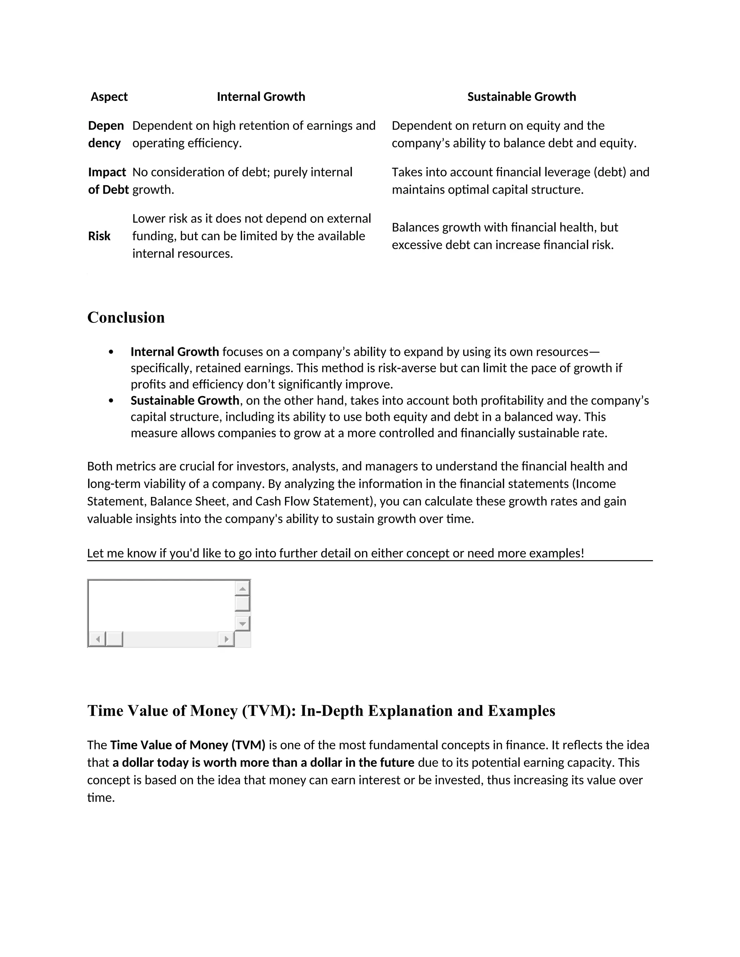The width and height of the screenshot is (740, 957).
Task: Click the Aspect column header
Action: [109, 97]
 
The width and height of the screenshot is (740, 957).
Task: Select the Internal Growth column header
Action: [261, 97]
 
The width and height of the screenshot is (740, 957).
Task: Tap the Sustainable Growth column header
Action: [521, 97]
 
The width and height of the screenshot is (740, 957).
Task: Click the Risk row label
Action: [99, 236]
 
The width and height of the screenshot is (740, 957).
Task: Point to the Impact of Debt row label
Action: [107, 181]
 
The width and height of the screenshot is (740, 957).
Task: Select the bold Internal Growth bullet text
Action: [175, 352]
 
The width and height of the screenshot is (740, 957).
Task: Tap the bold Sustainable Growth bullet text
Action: [185, 400]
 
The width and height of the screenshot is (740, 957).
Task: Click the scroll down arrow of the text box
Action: [242, 623]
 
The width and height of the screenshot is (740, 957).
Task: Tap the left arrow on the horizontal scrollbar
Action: [97, 639]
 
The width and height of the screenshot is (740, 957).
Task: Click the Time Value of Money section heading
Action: [321, 711]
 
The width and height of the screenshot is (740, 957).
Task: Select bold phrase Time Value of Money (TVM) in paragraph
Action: [188, 745]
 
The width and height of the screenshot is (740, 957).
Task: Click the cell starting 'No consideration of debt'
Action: [242, 181]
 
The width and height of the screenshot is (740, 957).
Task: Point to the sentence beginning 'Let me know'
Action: [335, 553]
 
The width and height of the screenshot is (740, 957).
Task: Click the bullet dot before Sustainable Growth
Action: [111, 400]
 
